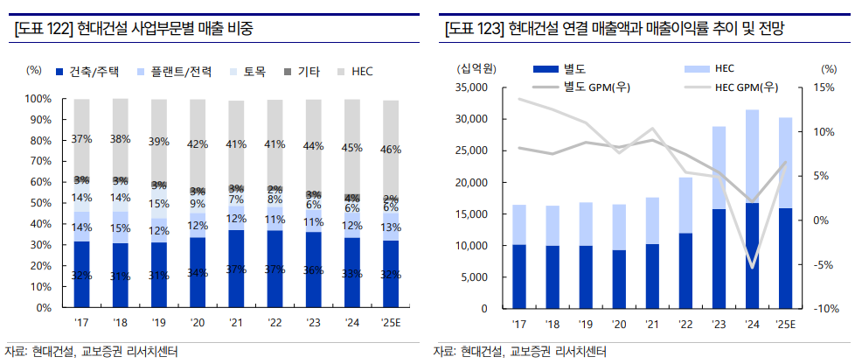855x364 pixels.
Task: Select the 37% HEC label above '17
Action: (82, 139)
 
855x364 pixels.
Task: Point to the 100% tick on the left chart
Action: (38, 99)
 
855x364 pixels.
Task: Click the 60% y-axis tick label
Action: (40, 182)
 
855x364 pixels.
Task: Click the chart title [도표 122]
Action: (135, 29)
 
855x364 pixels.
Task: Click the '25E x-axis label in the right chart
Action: (785, 325)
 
